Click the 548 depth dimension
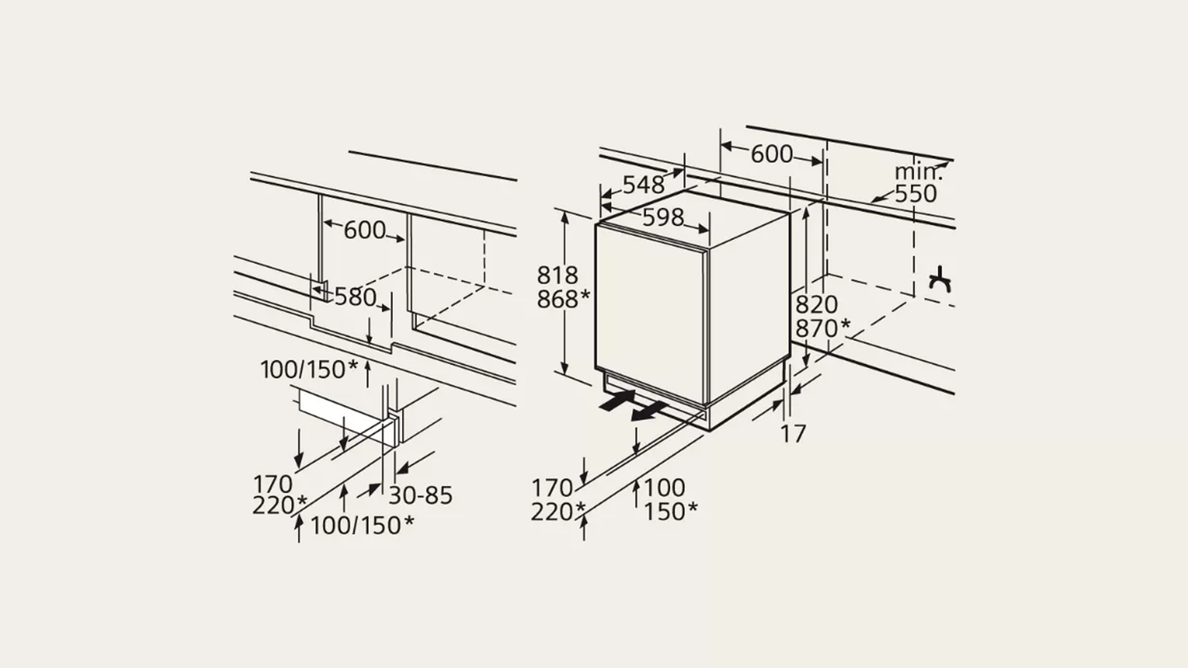tap(643, 185)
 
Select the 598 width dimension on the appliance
tap(663, 217)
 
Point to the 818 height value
tap(557, 275)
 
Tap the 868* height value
tap(563, 300)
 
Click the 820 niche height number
tap(816, 305)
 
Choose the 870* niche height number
tap(822, 329)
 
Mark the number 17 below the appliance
tap(793, 433)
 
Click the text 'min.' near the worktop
tap(918, 172)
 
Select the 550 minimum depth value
tap(915, 194)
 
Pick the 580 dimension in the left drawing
tap(355, 297)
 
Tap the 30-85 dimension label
tap(420, 495)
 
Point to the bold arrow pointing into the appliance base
tap(617, 400)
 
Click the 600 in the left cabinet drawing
tap(364, 230)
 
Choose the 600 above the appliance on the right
tap(772, 154)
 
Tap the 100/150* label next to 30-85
tap(362, 524)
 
